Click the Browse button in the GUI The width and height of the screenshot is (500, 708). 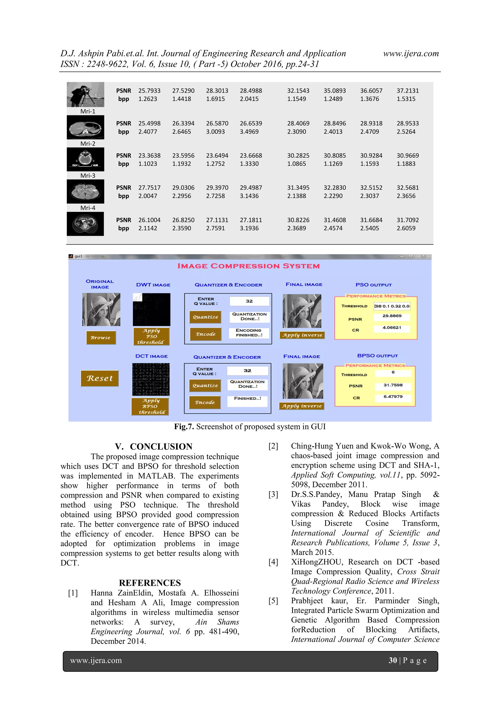click(101, 338)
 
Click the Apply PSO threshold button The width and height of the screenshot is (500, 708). click(151, 337)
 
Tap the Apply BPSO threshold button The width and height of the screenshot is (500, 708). click(150, 406)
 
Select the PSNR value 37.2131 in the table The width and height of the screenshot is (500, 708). click(407, 91)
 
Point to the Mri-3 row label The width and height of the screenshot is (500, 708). click(88, 176)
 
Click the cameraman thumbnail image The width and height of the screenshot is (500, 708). click(85, 94)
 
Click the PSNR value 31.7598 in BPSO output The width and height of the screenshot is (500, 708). click(393, 385)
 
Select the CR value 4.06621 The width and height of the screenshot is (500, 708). click(392, 328)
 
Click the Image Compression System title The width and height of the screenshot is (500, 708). click(248, 266)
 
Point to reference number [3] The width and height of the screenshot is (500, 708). click(273, 495)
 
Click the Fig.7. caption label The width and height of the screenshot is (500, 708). click(184, 427)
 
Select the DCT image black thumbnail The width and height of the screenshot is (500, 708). click(151, 379)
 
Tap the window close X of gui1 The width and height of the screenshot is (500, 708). click(423, 256)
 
